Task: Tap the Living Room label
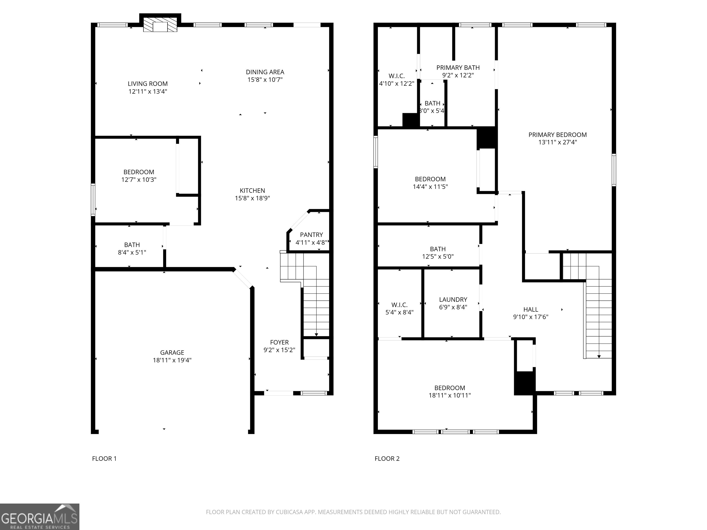(x=148, y=84)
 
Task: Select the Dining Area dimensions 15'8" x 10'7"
(x=265, y=80)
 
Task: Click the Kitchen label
(x=252, y=190)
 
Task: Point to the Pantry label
(x=311, y=235)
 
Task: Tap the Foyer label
(x=279, y=343)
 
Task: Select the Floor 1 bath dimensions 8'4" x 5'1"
(x=132, y=252)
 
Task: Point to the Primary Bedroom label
(x=558, y=135)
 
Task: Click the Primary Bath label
(x=458, y=68)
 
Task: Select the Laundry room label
(x=453, y=300)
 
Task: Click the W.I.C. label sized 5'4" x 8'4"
(x=400, y=305)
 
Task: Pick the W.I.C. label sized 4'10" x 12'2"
(x=397, y=76)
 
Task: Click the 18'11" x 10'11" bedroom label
(x=450, y=388)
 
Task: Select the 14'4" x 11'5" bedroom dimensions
(x=430, y=187)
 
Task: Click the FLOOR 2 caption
(x=387, y=459)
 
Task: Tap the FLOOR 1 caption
(x=104, y=459)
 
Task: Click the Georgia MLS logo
(x=40, y=517)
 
